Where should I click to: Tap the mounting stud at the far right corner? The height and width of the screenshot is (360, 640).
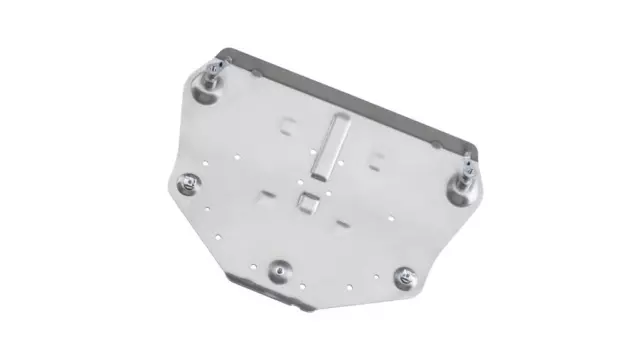[465, 180]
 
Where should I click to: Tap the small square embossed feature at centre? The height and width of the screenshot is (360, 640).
[306, 202]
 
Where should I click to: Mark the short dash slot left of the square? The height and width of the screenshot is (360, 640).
[267, 193]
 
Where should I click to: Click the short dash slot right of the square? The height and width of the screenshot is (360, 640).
[344, 217]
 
